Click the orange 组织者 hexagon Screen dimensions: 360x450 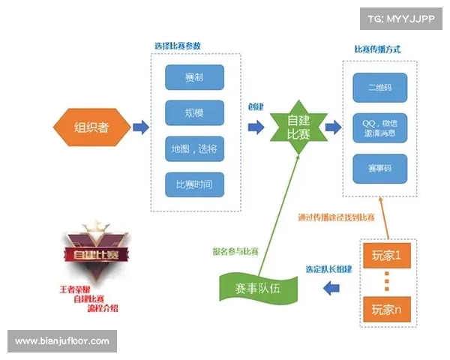tap(91, 127)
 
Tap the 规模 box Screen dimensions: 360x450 tap(194, 113)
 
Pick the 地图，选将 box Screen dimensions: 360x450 tap(194, 149)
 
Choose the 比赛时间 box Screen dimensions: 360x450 tap(194, 184)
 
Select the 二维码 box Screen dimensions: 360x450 tap(379, 87)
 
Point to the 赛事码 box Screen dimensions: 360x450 tap(379, 168)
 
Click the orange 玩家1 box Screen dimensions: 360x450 tap(387, 256)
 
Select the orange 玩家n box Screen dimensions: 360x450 tap(387, 307)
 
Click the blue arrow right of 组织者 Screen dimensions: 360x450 tap(140, 127)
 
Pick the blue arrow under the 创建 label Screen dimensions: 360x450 tap(256, 127)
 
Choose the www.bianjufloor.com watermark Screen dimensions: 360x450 tap(62, 341)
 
